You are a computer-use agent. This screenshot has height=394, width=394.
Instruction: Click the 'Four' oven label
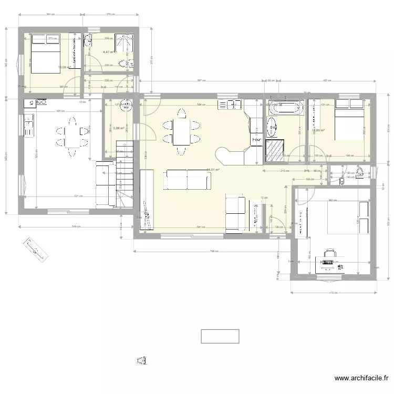click(257, 140)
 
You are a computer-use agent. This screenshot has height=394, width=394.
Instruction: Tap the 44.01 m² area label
click(213, 170)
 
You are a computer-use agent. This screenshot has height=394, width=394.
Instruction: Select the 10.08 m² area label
click(65, 67)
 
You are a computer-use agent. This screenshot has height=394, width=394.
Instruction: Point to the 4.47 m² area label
click(109, 52)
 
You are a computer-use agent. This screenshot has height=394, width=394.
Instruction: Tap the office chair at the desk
click(329, 254)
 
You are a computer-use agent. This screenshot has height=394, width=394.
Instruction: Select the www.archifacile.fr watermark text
click(362, 378)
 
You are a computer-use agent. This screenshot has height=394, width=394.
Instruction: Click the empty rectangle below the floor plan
click(220, 336)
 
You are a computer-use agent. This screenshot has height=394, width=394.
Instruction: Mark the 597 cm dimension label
click(200, 80)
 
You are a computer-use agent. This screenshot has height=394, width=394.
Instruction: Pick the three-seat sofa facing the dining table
click(188, 180)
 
